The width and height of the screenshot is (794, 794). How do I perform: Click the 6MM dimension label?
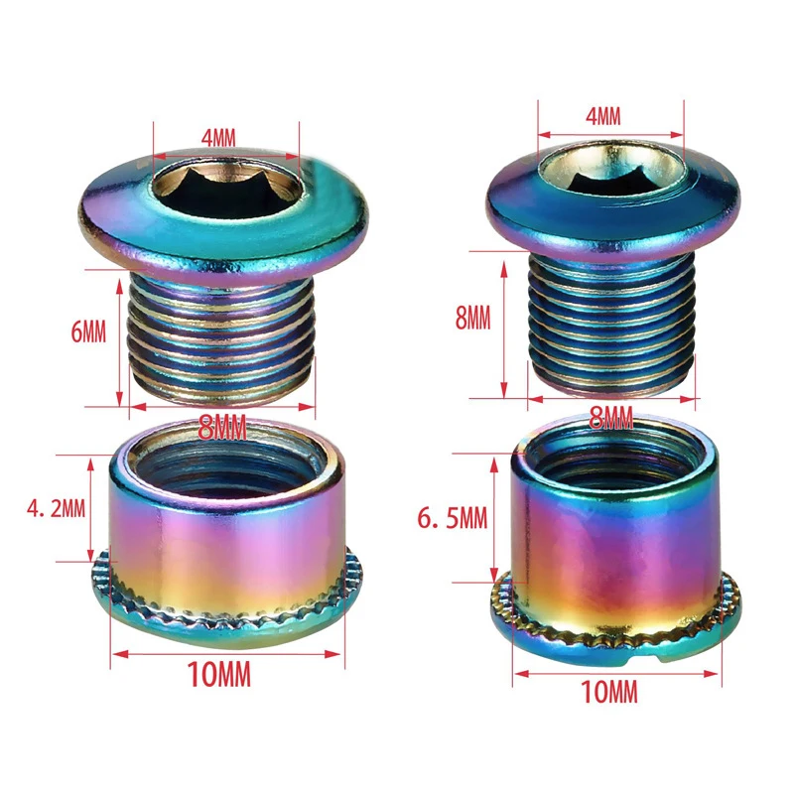click(x=88, y=331)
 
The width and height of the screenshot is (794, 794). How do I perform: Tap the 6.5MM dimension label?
click(x=452, y=516)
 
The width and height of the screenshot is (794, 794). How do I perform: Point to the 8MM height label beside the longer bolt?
click(x=472, y=318)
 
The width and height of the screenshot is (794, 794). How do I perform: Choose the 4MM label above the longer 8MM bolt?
click(x=602, y=116)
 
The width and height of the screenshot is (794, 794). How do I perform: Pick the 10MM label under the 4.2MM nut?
click(x=218, y=675)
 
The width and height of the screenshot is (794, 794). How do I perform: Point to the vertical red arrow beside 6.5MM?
click(x=493, y=518)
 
